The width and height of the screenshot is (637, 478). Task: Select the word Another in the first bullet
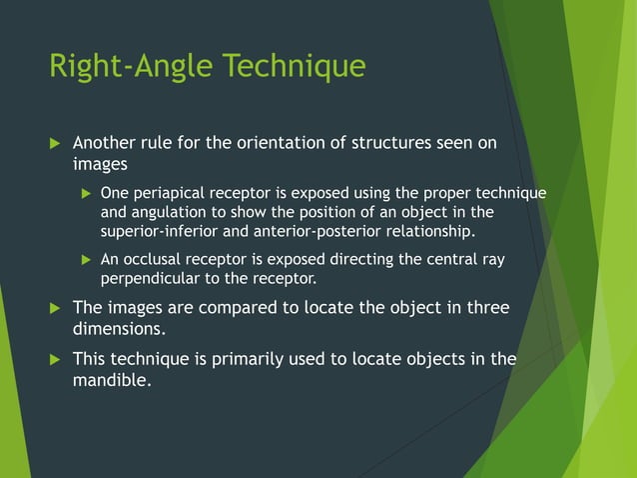coord(108,142)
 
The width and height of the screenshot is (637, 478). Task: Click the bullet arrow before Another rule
coord(55,143)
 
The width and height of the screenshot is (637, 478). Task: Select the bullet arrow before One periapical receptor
coord(85,193)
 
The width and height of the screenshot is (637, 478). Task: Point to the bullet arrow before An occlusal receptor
coord(85,260)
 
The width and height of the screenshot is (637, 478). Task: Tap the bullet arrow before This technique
coord(55,359)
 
